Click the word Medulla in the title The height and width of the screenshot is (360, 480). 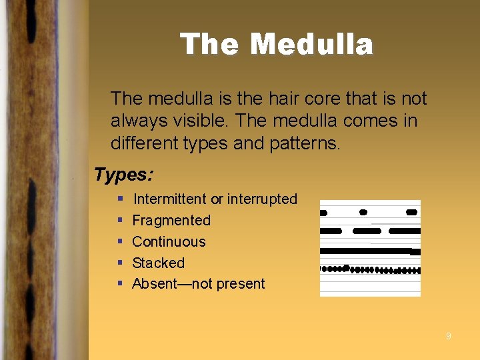coord(311,45)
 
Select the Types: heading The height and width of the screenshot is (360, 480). coord(124,175)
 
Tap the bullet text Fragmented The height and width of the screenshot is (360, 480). coord(171,220)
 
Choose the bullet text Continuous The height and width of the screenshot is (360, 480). coord(169,241)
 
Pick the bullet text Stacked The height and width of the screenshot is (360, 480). coord(158,263)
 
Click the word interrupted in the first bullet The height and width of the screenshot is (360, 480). coord(262,199)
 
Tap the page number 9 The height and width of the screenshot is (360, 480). coord(448,336)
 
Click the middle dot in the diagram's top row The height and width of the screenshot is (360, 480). coord(363,212)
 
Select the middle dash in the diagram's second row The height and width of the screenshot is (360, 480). coord(367,231)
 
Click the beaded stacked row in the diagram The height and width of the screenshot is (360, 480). coord(370,270)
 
